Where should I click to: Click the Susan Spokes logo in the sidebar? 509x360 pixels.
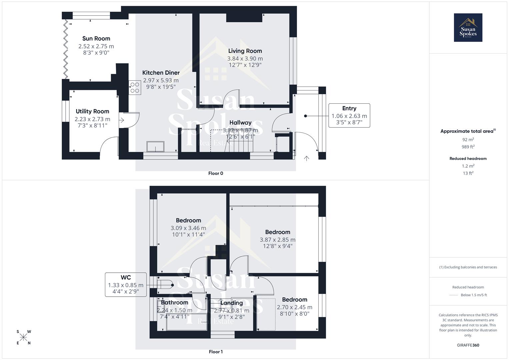pyautogui.click(x=468, y=28)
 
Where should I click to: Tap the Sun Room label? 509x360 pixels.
pyautogui.click(x=96, y=39)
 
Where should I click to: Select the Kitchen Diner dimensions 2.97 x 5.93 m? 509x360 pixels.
pyautogui.click(x=161, y=80)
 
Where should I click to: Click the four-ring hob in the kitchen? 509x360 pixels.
pyautogui.click(x=135, y=87)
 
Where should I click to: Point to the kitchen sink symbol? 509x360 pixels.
pyautogui.click(x=155, y=146)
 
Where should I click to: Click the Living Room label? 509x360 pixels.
pyautogui.click(x=245, y=51)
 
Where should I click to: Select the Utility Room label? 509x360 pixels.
pyautogui.click(x=92, y=111)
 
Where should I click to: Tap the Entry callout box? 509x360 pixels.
pyautogui.click(x=349, y=115)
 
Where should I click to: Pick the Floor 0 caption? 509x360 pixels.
pyautogui.click(x=216, y=173)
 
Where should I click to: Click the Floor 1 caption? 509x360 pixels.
pyautogui.click(x=216, y=352)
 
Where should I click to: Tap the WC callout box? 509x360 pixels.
pyautogui.click(x=126, y=285)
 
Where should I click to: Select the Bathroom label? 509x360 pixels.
pyautogui.click(x=175, y=303)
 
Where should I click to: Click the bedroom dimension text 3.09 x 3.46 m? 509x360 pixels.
pyautogui.click(x=188, y=228)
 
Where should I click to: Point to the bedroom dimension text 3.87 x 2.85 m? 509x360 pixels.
pyautogui.click(x=278, y=240)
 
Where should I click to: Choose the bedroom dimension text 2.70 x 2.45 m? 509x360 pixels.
pyautogui.click(x=295, y=307)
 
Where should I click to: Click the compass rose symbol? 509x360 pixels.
pyautogui.click(x=23, y=337)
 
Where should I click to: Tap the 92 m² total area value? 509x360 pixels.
pyautogui.click(x=468, y=140)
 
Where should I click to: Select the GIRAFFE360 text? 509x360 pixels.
pyautogui.click(x=468, y=345)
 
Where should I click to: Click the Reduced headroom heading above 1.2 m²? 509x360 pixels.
pyautogui.click(x=468, y=159)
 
